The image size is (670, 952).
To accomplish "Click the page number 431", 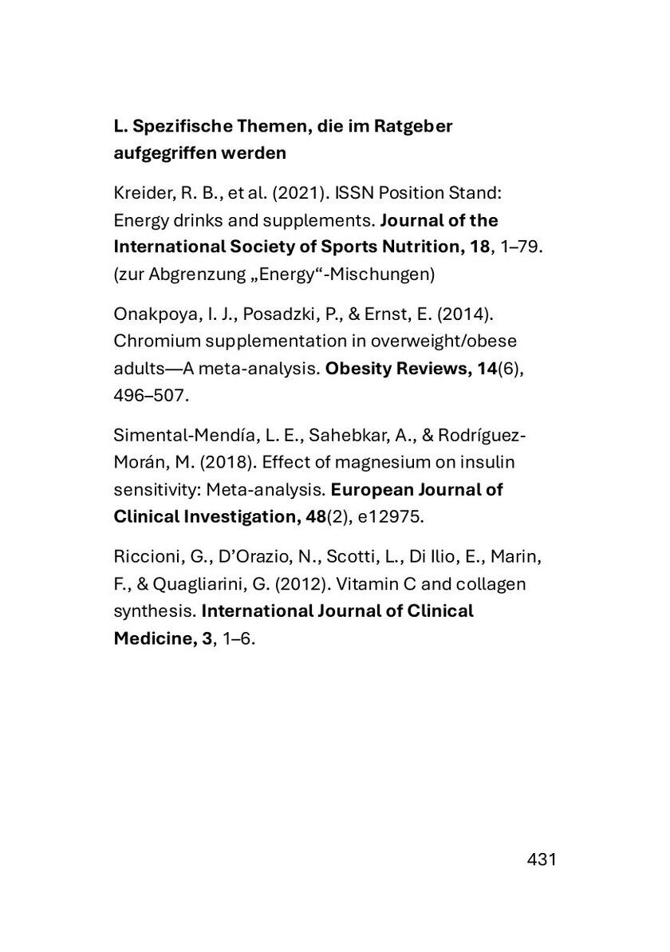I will (541, 860).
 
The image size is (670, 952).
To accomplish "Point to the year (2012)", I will (298, 584).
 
